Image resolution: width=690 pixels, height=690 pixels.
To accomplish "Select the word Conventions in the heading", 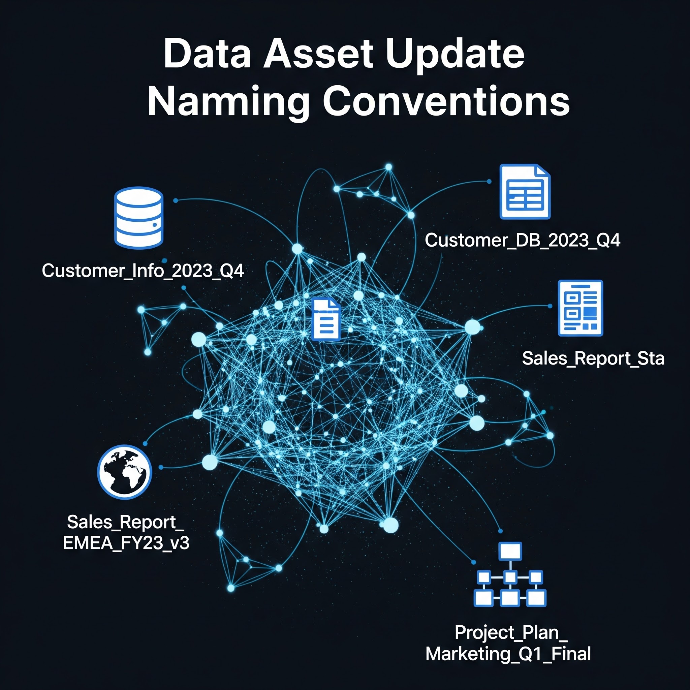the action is (x=446, y=101).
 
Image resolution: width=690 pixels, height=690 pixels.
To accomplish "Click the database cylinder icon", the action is (x=139, y=218).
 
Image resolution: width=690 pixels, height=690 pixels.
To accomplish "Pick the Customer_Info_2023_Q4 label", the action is (x=143, y=271).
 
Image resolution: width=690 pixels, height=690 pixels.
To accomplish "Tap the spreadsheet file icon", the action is (x=525, y=191).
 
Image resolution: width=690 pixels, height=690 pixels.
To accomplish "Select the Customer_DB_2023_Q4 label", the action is (x=522, y=240).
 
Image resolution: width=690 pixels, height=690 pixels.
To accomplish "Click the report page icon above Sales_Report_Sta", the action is (x=581, y=308).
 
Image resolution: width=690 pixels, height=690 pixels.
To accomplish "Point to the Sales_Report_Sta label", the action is (x=593, y=358).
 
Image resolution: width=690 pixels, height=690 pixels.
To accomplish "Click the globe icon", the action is (x=125, y=472).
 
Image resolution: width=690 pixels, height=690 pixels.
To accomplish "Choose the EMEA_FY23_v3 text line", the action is (x=126, y=543).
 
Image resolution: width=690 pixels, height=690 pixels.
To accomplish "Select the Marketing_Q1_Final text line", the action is (x=508, y=654).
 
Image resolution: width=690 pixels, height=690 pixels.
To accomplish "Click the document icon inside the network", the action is (x=326, y=319).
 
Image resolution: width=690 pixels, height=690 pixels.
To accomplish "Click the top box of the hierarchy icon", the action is (x=510, y=551).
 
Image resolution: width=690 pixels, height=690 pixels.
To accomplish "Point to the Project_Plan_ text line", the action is (x=511, y=632).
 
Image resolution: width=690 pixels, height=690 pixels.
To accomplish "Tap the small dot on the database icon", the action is (x=155, y=225).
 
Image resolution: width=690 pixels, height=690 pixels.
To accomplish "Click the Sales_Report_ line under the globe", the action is (x=125, y=522).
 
